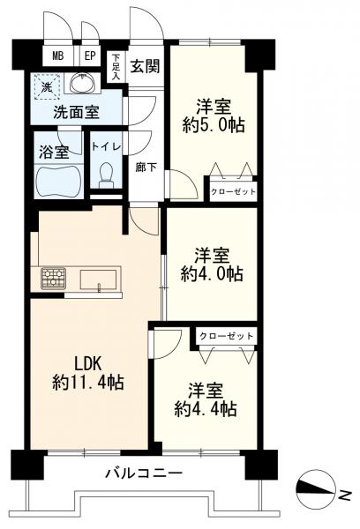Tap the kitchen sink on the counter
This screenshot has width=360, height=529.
[x=100, y=279]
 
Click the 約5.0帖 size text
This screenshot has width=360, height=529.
[x=213, y=124]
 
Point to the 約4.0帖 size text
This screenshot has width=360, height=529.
[x=213, y=274]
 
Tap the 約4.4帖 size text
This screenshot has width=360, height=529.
[x=205, y=409]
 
